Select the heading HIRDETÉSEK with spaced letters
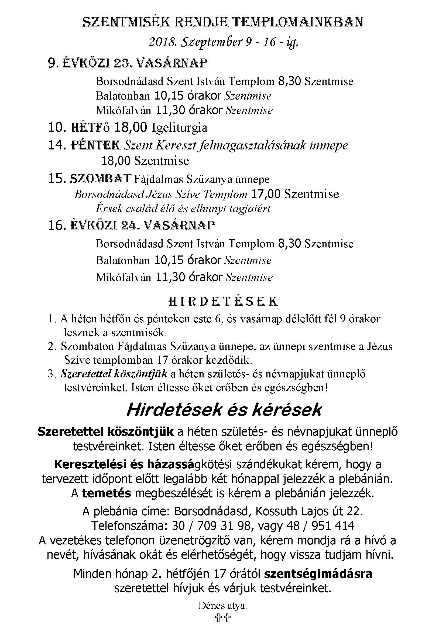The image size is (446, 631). coord(223,302)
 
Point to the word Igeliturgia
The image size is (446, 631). coord(180,128)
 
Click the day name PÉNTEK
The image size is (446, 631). coord(95,145)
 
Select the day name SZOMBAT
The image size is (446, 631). coord(101,179)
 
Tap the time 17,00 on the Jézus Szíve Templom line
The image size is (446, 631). coord(266,194)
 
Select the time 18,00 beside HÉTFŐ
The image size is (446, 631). coord(131,128)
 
